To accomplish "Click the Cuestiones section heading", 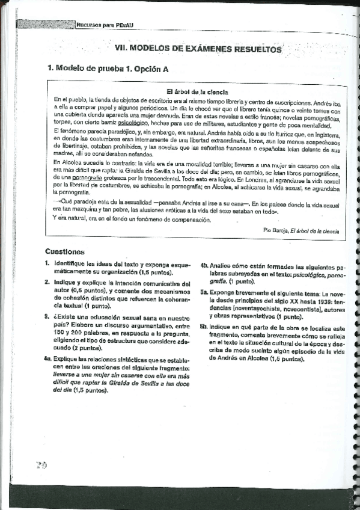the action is [x=65, y=252].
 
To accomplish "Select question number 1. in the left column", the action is [x=47, y=264].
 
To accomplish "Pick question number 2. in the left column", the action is [x=47, y=282].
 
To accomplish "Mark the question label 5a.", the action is [x=204, y=289].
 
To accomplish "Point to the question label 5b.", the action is [x=204, y=328].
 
